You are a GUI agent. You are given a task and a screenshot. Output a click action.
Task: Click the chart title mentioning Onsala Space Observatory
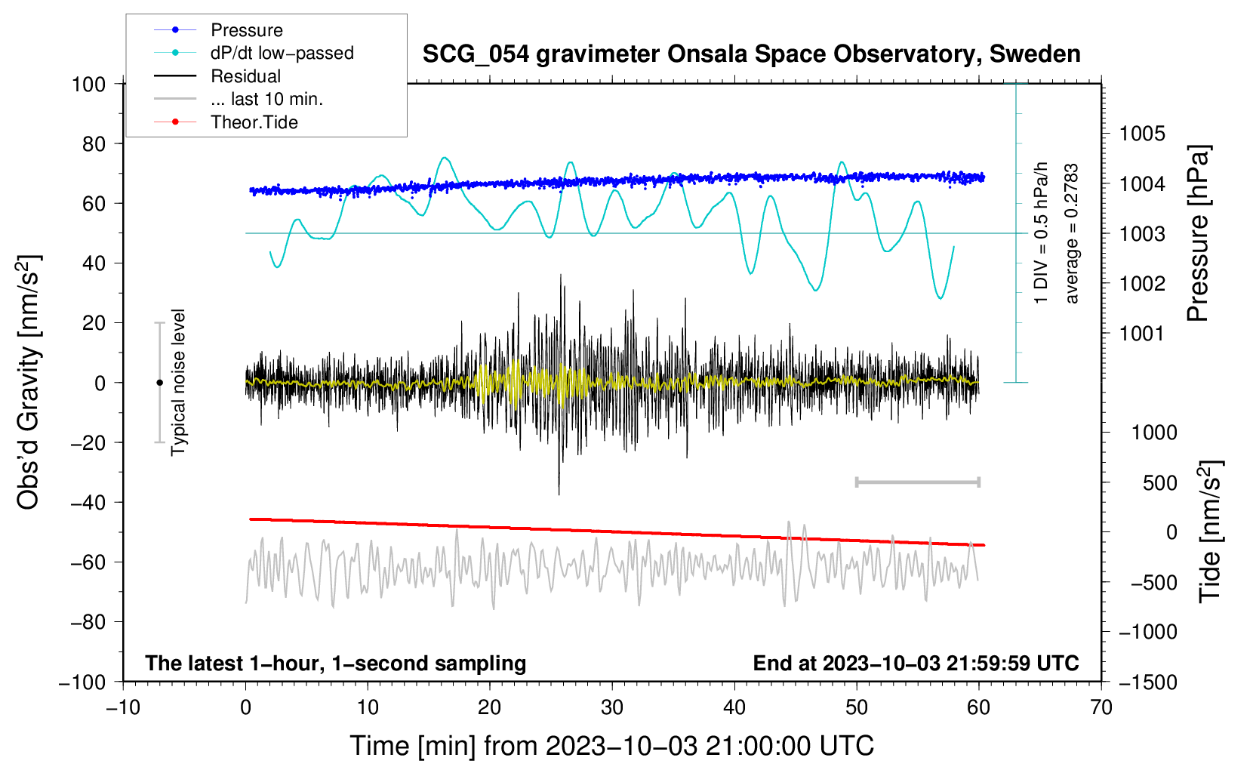[751, 54]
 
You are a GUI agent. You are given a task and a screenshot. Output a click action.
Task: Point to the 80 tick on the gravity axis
[94, 143]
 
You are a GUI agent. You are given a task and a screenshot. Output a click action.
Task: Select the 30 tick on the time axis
[612, 707]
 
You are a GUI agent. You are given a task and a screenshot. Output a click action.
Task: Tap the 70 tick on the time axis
[1101, 707]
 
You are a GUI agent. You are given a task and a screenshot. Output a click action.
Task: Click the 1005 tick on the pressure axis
[1142, 134]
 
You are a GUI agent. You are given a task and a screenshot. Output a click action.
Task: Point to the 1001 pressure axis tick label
[1142, 333]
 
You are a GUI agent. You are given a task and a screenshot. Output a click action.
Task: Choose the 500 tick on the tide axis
[1159, 482]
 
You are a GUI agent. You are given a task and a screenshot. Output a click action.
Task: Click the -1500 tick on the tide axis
[1147, 682]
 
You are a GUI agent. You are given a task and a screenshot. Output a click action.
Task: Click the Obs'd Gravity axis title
[29, 382]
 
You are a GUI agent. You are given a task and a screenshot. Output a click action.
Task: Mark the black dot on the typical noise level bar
[159, 383]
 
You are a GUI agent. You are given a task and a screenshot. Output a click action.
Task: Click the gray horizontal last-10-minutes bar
[917, 482]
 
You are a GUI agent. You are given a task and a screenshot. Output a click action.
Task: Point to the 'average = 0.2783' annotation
[1072, 234]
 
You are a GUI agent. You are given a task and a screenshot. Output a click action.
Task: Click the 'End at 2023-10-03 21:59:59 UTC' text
[916, 663]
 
